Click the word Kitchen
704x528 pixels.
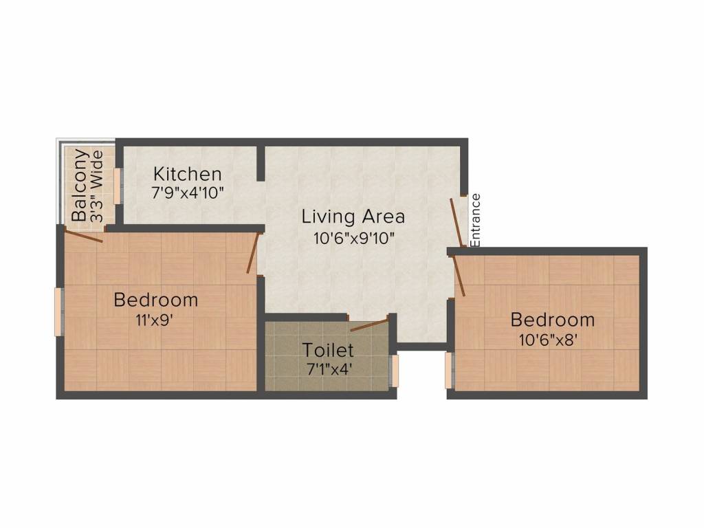[187, 173]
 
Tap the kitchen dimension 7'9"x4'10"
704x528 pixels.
[187, 192]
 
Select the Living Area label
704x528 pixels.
[353, 217]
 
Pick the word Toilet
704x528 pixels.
[328, 351]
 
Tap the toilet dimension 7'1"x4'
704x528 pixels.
[329, 368]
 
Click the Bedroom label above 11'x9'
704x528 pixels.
[156, 300]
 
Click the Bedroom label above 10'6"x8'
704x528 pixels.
[552, 320]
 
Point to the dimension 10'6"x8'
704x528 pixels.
[553, 339]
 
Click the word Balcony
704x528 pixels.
[80, 184]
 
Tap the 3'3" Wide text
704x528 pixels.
[97, 186]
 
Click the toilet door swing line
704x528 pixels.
[369, 324]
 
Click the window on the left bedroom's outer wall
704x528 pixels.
[59, 311]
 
